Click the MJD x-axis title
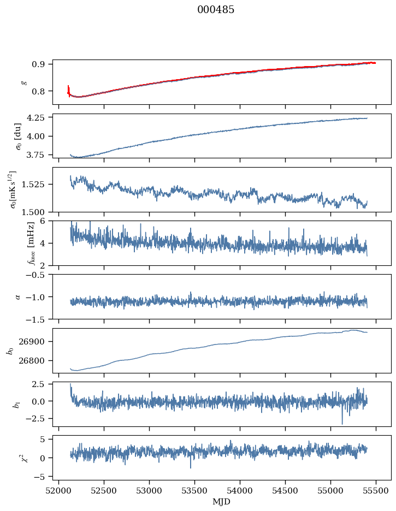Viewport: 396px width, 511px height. tap(221, 502)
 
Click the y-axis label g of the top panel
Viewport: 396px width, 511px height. tap(23, 82)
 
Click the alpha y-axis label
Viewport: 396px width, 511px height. tap(17, 296)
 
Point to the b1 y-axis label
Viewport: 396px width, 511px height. tap(16, 404)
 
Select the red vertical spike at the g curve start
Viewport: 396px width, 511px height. tap(68, 90)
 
